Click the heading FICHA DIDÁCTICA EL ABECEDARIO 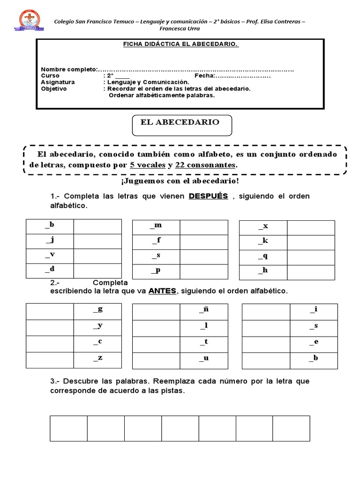coord(180,44)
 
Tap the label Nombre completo coord(69,69)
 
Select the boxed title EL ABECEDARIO coord(180,122)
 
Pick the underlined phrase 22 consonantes coord(205,165)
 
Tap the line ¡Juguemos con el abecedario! coord(180,181)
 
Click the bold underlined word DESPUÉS coord(208,196)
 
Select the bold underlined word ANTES coord(162,291)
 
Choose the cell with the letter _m coord(156,226)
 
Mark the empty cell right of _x coord(311,228)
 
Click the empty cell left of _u coord(156,360)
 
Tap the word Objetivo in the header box coord(54,89)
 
